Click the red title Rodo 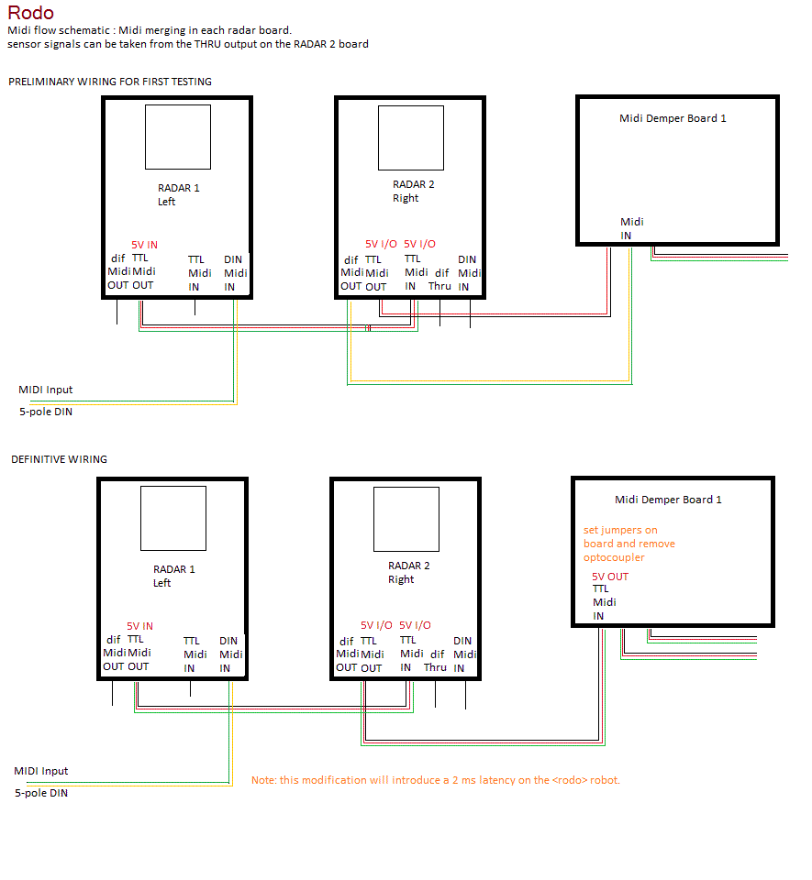pos(31,12)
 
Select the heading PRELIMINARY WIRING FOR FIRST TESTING pos(110,82)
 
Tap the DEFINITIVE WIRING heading pos(59,459)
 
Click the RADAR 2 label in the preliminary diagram pos(413,184)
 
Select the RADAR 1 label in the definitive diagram pos(174,569)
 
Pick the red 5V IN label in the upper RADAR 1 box pos(144,245)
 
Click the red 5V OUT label pos(610,577)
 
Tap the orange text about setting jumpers pos(628,544)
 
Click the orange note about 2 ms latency pos(436,780)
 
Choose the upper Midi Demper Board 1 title pos(673,118)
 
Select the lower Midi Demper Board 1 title pos(668,500)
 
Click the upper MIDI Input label pos(46,390)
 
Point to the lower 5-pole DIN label pos(41,793)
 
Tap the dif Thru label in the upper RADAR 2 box pos(439,280)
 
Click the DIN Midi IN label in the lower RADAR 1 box pos(231,654)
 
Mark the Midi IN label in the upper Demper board pos(632,228)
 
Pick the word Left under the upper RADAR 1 pos(166,202)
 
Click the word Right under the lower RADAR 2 pos(401,579)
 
